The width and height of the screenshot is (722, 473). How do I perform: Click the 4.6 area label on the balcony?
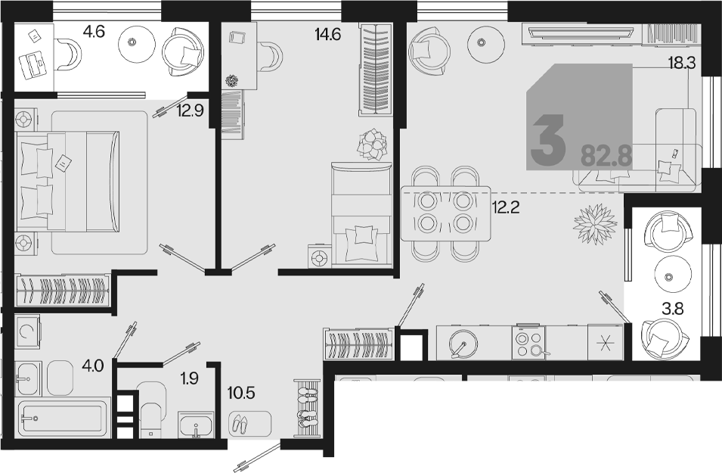tap(94, 32)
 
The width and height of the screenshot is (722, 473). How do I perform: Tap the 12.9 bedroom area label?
tap(191, 110)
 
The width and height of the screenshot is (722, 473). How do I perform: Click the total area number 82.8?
tap(606, 156)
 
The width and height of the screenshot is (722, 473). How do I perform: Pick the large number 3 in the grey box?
tap(547, 140)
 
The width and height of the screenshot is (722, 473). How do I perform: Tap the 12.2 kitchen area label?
tap(506, 208)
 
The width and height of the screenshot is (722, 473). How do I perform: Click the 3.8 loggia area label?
tap(673, 309)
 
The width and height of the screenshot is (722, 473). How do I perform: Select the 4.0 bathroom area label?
tap(92, 366)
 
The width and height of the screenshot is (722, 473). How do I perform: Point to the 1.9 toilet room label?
tap(189, 378)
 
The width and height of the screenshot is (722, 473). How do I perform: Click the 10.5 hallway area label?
tap(241, 394)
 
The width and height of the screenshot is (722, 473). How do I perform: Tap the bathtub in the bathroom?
tap(63, 418)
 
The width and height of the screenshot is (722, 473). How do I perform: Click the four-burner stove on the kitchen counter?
tap(528, 343)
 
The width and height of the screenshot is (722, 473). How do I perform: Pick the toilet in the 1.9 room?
tap(152, 407)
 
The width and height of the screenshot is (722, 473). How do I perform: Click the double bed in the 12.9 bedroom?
tap(67, 181)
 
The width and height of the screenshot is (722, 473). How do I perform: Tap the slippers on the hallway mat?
tap(240, 423)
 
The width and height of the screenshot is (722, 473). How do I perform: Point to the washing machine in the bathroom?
tap(27, 330)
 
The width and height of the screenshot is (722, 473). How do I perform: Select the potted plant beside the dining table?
tap(595, 225)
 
